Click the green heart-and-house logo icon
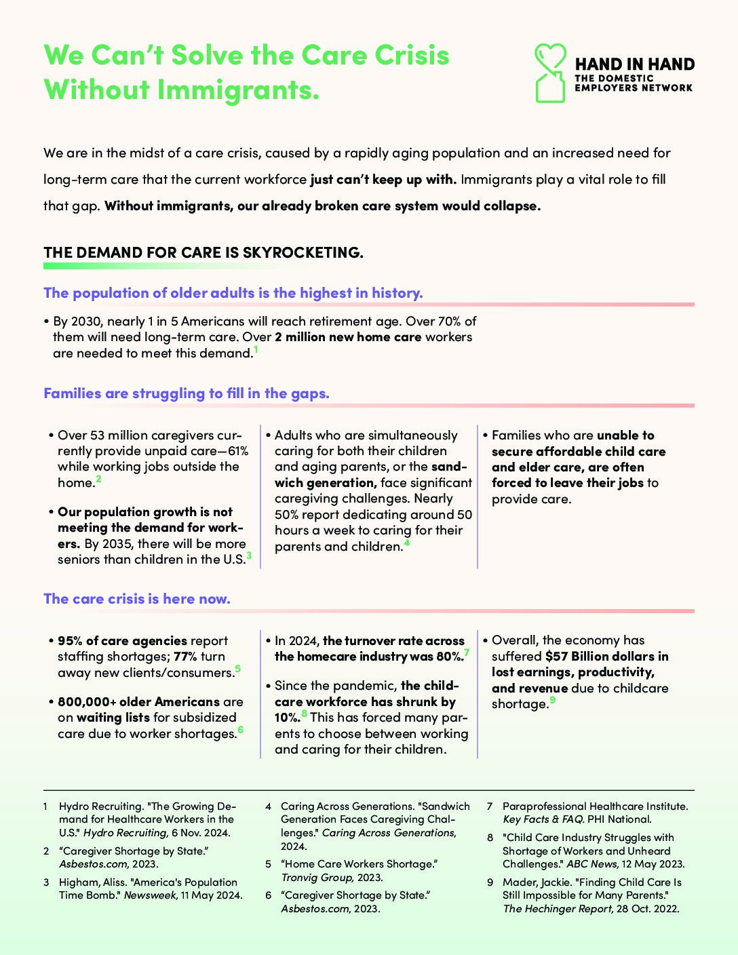(x=550, y=73)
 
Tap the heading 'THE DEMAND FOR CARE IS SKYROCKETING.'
(x=203, y=252)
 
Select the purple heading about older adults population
(x=233, y=293)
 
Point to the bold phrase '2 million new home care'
(x=348, y=337)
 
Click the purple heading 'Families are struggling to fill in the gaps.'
(x=187, y=393)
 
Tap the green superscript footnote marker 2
(x=99, y=479)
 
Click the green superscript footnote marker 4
(x=407, y=543)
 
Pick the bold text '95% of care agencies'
(x=122, y=641)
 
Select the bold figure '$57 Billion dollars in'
(x=607, y=657)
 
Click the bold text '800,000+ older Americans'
(x=138, y=702)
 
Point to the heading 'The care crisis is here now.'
(x=137, y=599)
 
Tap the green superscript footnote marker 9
(x=553, y=701)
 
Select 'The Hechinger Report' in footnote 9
(x=557, y=909)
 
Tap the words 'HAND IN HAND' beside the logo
(x=635, y=64)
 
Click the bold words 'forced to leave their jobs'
(x=568, y=483)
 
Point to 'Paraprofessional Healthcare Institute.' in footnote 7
(x=595, y=806)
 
